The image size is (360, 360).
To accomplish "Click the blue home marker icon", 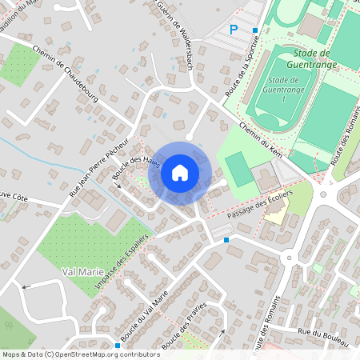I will [x=180, y=172].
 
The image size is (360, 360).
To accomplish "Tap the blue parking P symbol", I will [x=234, y=30].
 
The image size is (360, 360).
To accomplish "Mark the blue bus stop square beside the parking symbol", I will [x=255, y=30].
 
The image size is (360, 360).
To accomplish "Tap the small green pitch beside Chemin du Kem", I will [x=237, y=169].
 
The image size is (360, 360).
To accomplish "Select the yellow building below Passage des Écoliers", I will [x=275, y=214].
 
